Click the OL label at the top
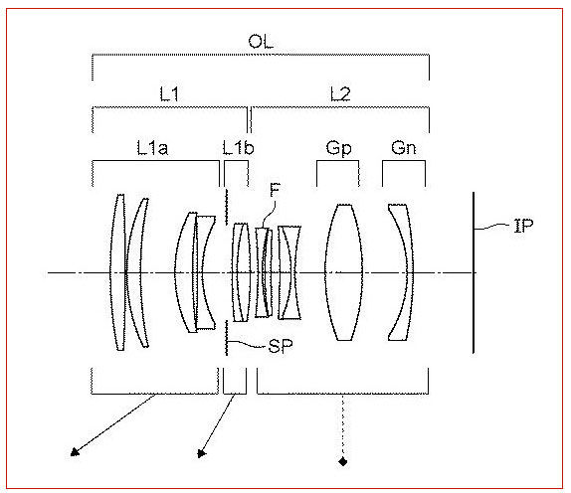(261, 42)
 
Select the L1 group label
(170, 93)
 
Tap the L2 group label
(340, 93)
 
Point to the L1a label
(152, 148)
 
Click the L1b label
(238, 148)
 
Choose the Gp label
(338, 148)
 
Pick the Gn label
(404, 148)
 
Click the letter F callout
(275, 190)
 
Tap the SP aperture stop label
(281, 346)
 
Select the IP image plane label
(523, 226)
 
